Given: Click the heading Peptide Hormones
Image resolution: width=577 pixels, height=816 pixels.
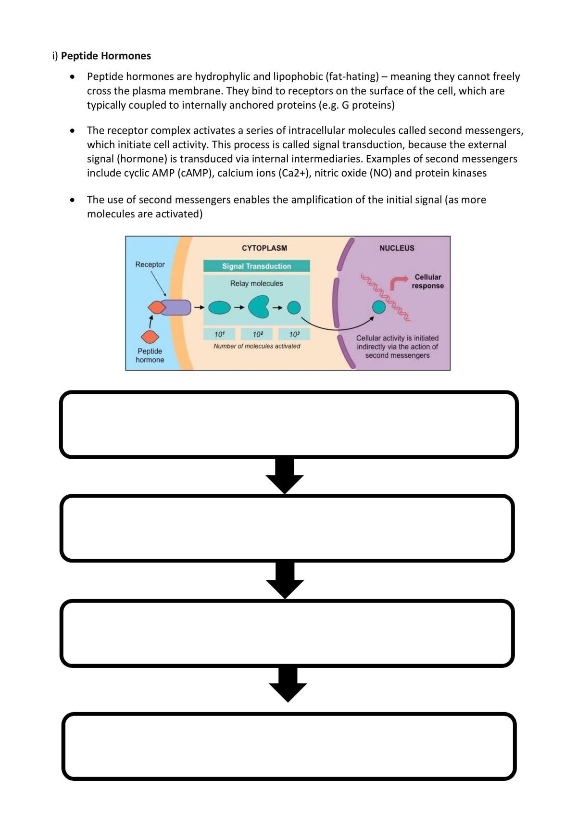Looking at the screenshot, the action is [x=106, y=56].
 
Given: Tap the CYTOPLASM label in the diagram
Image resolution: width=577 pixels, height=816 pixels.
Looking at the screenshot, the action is [x=264, y=248].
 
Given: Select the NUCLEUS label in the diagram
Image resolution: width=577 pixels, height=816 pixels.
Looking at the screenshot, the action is [x=397, y=248].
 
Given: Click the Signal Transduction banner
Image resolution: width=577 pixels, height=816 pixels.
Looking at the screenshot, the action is [x=256, y=266].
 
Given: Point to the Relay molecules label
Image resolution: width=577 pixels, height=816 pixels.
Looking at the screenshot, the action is [x=256, y=283].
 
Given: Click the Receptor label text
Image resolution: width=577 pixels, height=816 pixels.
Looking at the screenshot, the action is [x=150, y=264].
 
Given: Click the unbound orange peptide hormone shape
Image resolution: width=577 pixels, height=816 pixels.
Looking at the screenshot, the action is [x=150, y=337].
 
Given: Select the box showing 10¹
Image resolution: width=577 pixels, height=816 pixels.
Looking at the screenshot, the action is [x=219, y=334].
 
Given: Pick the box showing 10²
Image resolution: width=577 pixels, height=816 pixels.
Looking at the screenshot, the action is [x=258, y=334].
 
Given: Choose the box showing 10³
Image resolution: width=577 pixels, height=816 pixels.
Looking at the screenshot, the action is [x=294, y=334].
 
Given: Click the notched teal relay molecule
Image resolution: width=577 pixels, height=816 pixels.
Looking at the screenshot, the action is [x=258, y=307].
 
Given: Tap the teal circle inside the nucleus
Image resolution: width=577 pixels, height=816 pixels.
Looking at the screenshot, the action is [x=379, y=307].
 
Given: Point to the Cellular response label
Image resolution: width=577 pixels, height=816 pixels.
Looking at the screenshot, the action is [x=427, y=281].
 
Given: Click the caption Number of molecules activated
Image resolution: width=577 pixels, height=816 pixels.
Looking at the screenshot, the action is [x=257, y=346].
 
